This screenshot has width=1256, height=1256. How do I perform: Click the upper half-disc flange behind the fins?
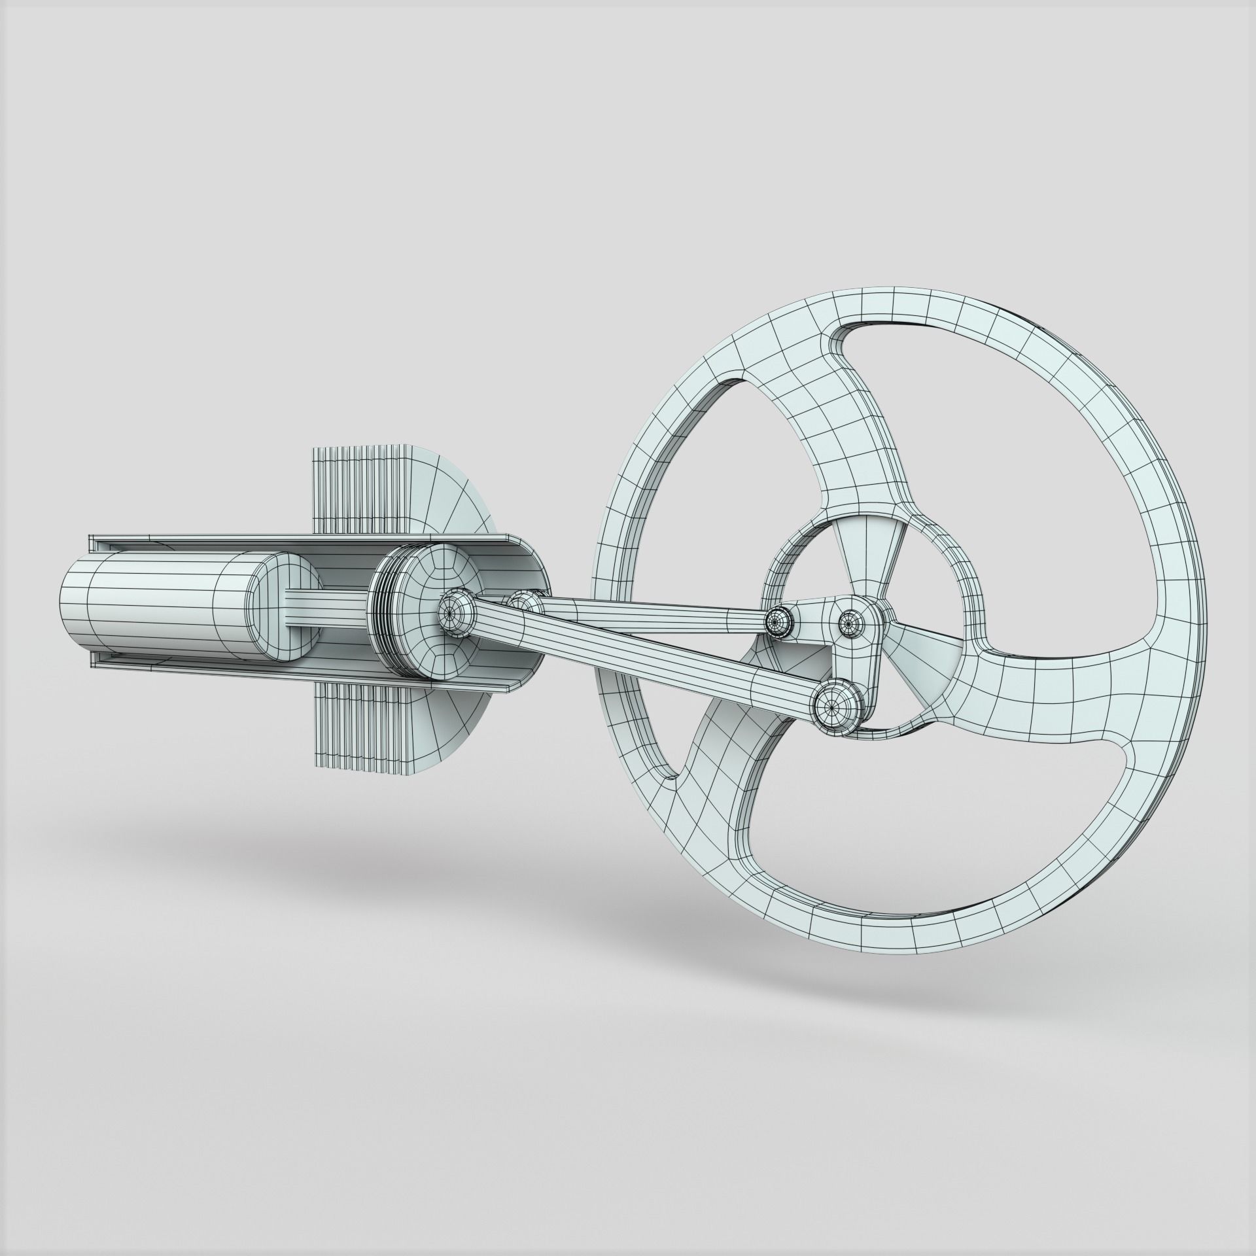click(451, 491)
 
